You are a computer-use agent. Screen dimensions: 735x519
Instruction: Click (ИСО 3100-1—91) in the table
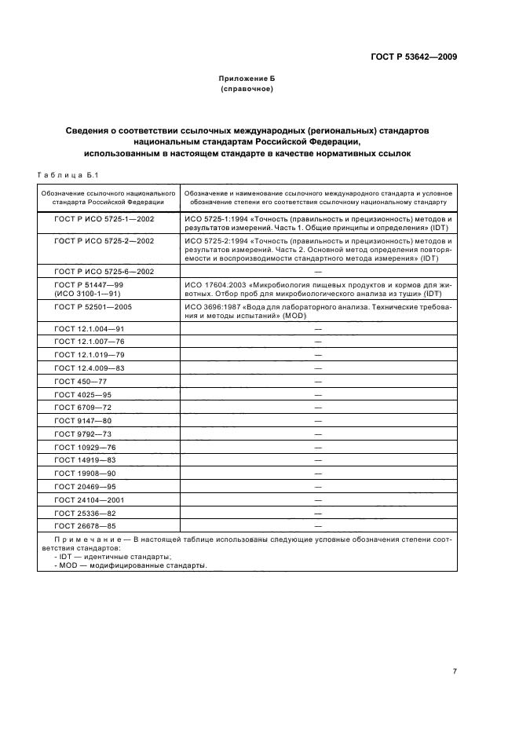pyautogui.click(x=87, y=293)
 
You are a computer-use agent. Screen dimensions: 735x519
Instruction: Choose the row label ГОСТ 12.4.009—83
pyautogui.click(x=89, y=367)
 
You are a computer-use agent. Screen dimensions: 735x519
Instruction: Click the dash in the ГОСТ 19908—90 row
pyautogui.click(x=318, y=474)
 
